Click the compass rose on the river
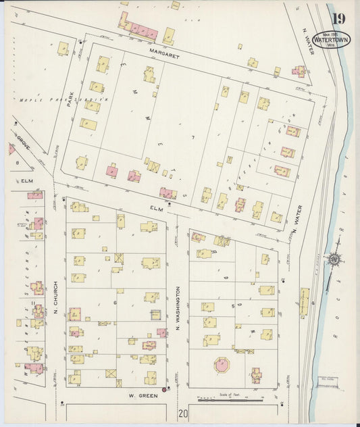coord(334,259)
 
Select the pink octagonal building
coord(222,365)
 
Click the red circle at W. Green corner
coord(163,389)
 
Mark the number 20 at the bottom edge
coord(183,413)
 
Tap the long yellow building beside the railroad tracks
coord(304,302)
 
